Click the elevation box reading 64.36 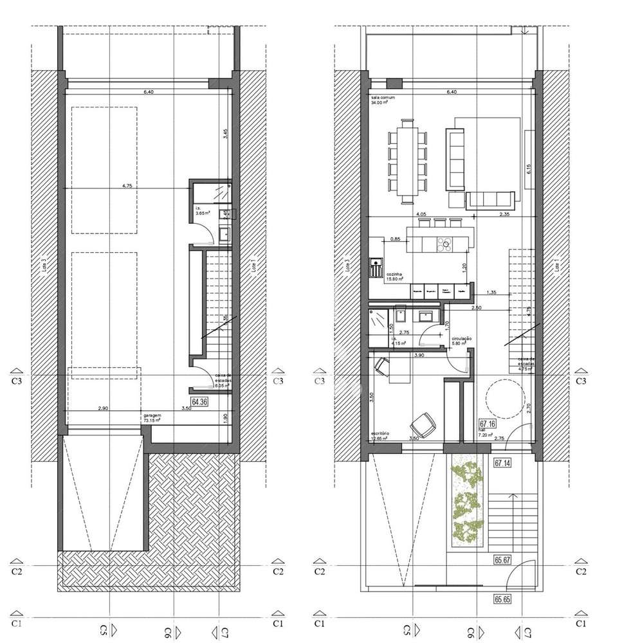[200, 403]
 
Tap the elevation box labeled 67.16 [486, 424]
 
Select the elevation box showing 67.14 [502, 462]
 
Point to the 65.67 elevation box [502, 560]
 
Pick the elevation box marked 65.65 [502, 599]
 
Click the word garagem [152, 416]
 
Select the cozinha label [394, 273]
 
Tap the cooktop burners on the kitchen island [444, 244]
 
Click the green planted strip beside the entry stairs [466, 502]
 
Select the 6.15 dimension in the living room [528, 170]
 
